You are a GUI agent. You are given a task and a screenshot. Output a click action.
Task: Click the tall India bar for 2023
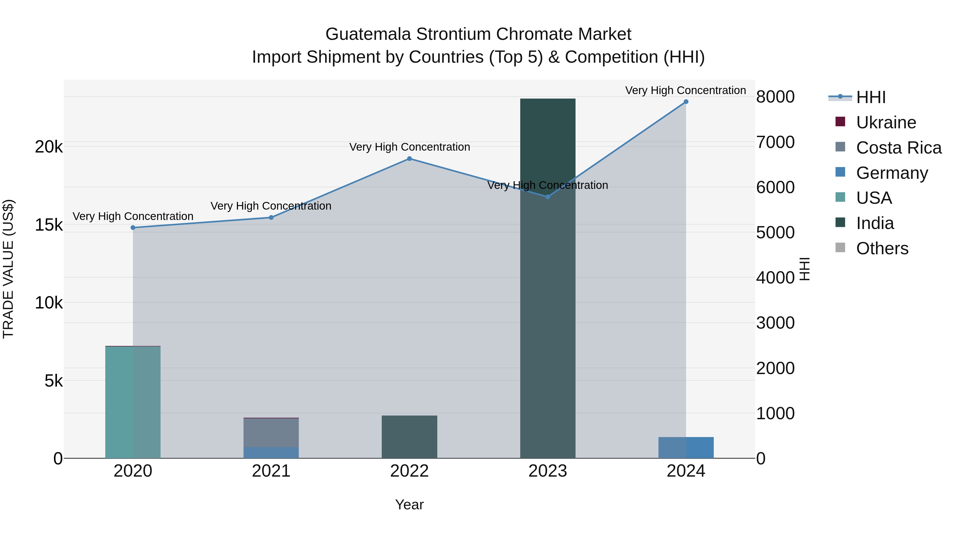pos(547,278)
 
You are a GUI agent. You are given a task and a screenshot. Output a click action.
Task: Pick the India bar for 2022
pos(409,437)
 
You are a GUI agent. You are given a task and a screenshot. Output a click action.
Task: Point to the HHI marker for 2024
pos(686,102)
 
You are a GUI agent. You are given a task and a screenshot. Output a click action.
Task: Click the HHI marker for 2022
pos(409,159)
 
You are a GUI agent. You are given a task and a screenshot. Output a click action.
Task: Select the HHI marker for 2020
pos(133,228)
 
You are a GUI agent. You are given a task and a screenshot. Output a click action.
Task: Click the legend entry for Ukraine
pos(886,122)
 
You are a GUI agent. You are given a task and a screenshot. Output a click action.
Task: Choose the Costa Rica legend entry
pos(898,148)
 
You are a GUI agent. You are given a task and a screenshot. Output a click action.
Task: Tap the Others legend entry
pos(882,248)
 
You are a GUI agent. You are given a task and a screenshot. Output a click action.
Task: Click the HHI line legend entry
pos(870,97)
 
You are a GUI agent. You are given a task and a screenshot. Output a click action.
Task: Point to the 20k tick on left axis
pos(49,147)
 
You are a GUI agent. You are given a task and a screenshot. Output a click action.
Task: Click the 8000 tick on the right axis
pos(775,97)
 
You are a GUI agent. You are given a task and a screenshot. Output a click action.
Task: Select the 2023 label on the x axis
pos(547,471)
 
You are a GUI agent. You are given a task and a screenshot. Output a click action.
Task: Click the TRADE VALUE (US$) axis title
pos(8,269)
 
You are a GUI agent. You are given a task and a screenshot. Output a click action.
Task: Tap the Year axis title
pos(409,505)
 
